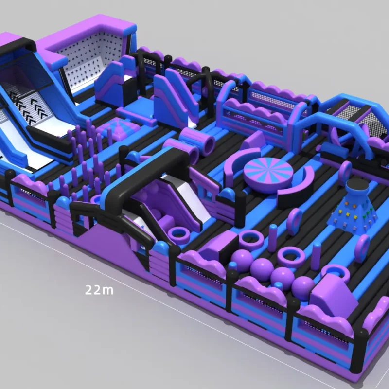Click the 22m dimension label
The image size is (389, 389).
(x=99, y=289)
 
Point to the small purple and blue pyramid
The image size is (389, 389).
(x=119, y=128)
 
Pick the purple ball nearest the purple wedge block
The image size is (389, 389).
(x=302, y=285)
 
